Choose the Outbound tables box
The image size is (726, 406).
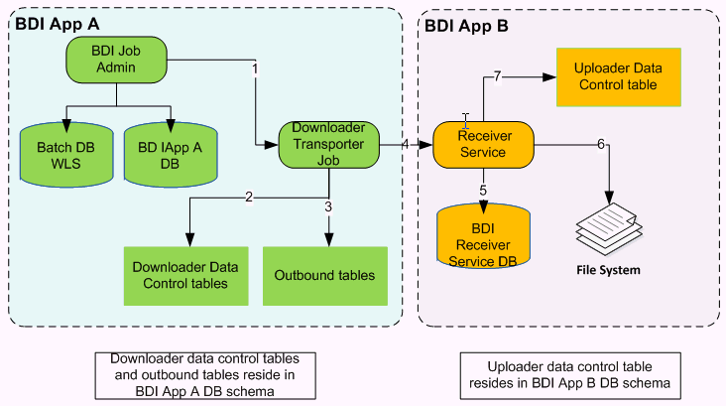coord(325,275)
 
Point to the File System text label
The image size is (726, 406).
coord(610,270)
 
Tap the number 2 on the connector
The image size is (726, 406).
coord(248,195)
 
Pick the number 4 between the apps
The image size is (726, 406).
coord(406,144)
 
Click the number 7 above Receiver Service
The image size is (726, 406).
coord(499,77)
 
